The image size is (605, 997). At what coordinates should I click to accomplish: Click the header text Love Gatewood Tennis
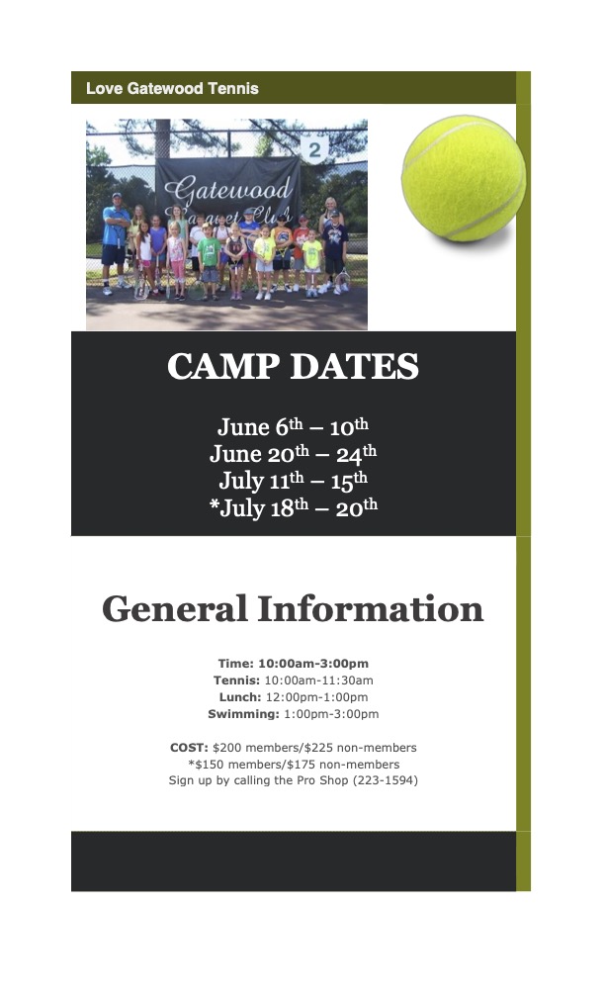pyautogui.click(x=172, y=88)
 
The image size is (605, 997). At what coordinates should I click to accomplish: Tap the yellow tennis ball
pyautogui.click(x=464, y=178)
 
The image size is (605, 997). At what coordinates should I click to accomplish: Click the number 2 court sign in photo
pyautogui.click(x=314, y=150)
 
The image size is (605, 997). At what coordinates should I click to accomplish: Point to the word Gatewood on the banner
pyautogui.click(x=228, y=189)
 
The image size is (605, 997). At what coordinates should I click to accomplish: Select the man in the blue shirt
pyautogui.click(x=115, y=242)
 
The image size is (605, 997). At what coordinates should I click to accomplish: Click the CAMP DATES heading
pyautogui.click(x=293, y=366)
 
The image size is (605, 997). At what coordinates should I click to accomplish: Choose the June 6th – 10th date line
pyautogui.click(x=293, y=426)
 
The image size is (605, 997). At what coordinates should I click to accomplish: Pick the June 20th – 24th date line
pyautogui.click(x=293, y=453)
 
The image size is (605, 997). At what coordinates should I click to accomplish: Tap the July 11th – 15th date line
pyautogui.click(x=293, y=481)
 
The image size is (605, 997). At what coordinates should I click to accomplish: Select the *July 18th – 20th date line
pyautogui.click(x=293, y=507)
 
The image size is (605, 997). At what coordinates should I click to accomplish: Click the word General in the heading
pyautogui.click(x=174, y=608)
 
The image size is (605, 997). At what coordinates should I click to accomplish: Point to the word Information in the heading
pyautogui.click(x=371, y=608)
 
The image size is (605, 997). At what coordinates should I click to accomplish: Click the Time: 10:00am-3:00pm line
pyautogui.click(x=293, y=663)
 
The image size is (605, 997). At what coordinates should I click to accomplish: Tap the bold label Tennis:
pyautogui.click(x=236, y=680)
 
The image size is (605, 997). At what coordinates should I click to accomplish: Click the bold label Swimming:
pyautogui.click(x=243, y=714)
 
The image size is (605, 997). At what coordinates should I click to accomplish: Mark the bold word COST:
pyautogui.click(x=189, y=748)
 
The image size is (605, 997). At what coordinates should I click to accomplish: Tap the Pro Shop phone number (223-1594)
pyautogui.click(x=386, y=780)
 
